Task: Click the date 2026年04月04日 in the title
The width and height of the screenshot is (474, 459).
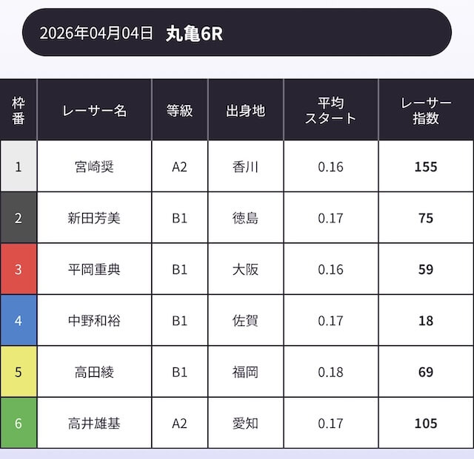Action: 96,33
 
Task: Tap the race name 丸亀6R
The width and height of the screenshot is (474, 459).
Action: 194,34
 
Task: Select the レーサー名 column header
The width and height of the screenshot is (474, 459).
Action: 95,111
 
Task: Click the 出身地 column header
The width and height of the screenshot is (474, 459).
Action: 245,111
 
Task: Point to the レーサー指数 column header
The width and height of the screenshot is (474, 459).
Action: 426,111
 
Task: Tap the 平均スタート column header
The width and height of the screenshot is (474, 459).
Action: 330,111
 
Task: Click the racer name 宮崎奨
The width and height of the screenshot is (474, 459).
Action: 95,166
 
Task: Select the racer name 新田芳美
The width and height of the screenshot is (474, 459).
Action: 95,218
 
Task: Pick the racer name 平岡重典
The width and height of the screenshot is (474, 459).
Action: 95,269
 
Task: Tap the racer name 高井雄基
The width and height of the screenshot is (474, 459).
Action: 95,424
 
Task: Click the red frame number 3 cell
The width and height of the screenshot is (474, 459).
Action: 19,269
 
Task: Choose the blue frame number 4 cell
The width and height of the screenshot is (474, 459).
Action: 19,321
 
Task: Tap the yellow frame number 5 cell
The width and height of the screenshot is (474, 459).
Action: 19,372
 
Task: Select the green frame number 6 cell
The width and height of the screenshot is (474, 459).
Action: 19,424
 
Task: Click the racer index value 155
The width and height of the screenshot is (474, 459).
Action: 426,167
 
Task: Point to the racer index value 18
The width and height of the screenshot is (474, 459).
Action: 426,321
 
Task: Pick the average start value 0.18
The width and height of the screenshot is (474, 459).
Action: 330,372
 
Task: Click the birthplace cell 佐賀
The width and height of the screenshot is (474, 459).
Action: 245,321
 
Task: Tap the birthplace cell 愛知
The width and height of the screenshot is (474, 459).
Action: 245,424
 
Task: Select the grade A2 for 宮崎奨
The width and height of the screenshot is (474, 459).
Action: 180,167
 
